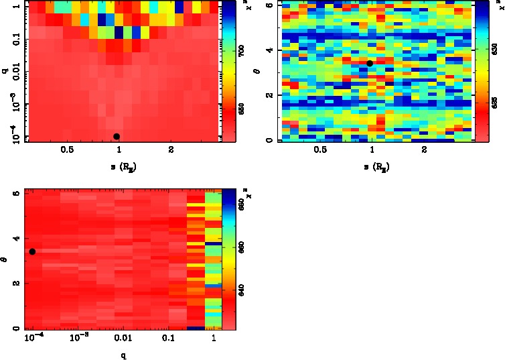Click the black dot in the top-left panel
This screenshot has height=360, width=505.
[x=117, y=136]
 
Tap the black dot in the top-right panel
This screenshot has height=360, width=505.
[x=370, y=63]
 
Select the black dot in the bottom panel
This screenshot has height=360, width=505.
[x=32, y=251]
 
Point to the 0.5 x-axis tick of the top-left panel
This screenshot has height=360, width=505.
[x=67, y=150]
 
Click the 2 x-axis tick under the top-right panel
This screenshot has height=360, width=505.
[x=425, y=150]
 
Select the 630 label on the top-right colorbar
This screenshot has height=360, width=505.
[x=494, y=49]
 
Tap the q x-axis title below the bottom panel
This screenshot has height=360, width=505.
[x=121, y=355]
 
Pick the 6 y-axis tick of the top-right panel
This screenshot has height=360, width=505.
[x=268, y=4]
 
